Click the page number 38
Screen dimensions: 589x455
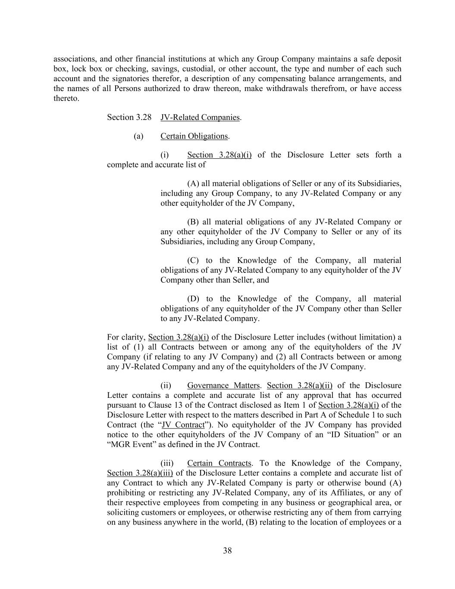tap(227, 551)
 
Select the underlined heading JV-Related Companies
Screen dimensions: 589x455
tap(200, 117)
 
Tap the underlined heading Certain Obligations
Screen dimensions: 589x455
tap(194, 136)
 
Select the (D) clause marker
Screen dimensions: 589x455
tap(193, 299)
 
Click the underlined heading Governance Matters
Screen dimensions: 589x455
tap(223, 386)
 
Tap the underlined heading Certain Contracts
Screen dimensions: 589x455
tap(219, 463)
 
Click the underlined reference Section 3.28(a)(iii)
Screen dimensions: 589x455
tap(140, 473)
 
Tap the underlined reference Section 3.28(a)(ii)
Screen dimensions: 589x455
tap(300, 386)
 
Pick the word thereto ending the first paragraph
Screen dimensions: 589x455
tap(66, 98)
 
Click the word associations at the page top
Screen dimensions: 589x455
tap(72, 59)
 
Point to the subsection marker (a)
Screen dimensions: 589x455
tap(138, 136)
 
